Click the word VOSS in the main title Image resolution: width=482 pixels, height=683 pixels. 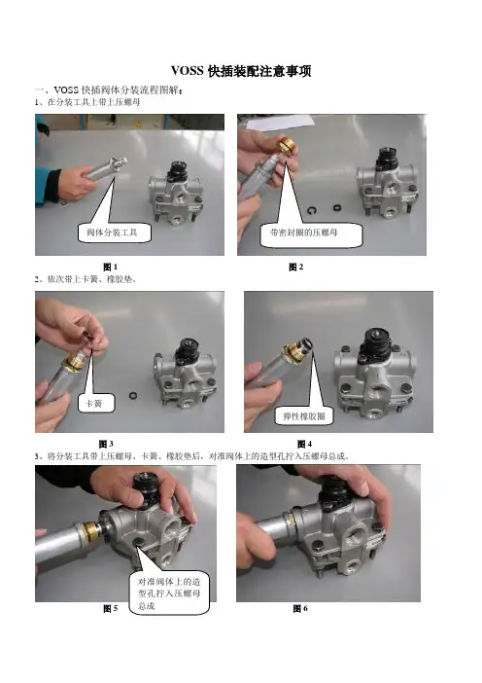click(x=187, y=71)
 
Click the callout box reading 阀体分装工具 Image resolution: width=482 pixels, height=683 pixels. click(x=115, y=233)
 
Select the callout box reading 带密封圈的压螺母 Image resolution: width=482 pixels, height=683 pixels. click(x=311, y=234)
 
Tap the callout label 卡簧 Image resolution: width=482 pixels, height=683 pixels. click(x=96, y=404)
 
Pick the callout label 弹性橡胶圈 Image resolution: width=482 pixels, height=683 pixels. click(x=304, y=416)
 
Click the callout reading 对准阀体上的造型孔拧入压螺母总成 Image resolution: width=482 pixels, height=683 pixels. click(x=169, y=593)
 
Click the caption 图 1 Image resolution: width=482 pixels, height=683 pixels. click(x=111, y=267)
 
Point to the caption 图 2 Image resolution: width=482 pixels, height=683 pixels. click(x=295, y=267)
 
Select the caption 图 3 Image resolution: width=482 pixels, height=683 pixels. click(x=106, y=444)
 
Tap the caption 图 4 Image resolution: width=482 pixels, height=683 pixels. click(x=304, y=444)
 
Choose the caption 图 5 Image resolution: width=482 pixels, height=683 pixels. click(x=111, y=608)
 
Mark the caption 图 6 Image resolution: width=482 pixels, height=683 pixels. click(x=300, y=608)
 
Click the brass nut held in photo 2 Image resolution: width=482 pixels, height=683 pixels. click(x=287, y=145)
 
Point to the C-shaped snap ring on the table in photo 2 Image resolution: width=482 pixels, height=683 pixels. click(x=312, y=210)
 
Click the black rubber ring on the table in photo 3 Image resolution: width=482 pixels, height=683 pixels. click(x=133, y=396)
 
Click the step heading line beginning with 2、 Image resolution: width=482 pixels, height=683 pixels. click(x=86, y=279)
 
